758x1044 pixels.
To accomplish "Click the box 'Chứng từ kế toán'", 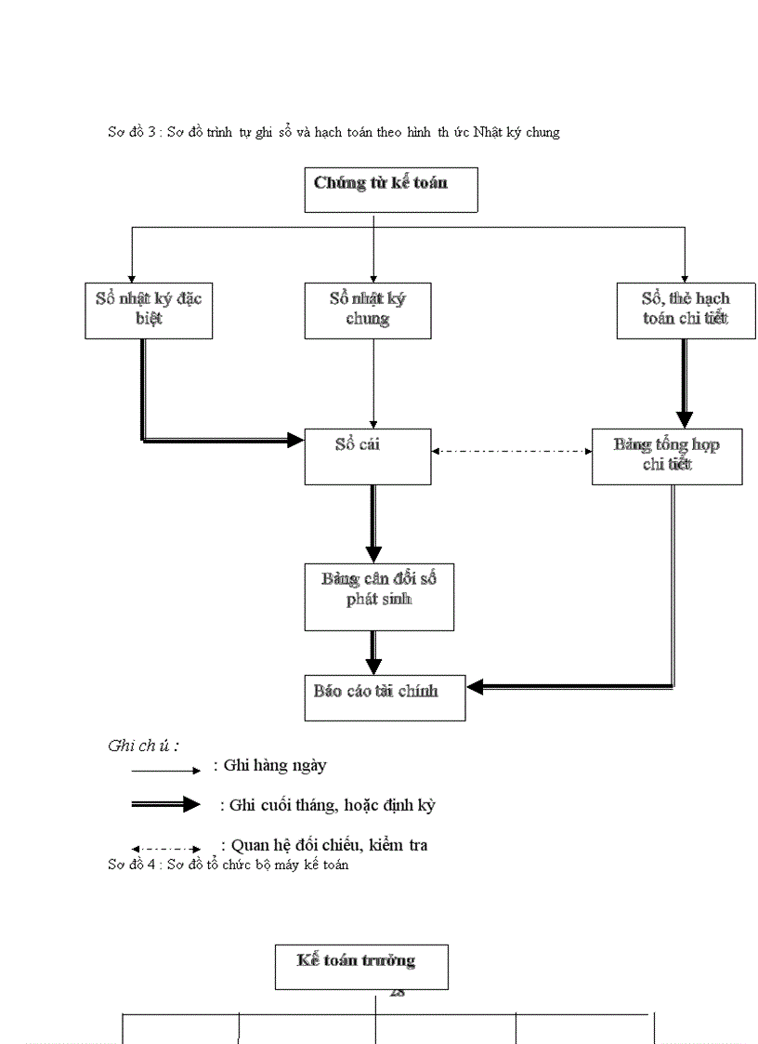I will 391,190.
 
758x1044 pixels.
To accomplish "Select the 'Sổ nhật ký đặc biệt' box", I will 149,311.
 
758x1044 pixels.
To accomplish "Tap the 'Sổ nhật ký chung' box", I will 368,311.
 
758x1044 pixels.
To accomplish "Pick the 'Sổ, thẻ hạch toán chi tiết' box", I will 686,311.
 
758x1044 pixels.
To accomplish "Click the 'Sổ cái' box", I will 368,456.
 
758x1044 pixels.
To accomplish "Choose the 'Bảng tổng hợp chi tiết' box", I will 667,456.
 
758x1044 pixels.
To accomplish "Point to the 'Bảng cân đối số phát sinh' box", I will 379,596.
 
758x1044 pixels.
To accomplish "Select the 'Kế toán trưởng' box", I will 361,966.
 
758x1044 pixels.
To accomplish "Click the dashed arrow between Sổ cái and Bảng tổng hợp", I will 512,451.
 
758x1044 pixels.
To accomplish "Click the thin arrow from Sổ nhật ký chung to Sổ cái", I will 373,381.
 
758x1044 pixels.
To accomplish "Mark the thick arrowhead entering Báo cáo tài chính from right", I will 476,687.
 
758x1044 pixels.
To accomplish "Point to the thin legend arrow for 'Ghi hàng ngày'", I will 165,771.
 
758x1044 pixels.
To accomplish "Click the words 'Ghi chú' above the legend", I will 143,746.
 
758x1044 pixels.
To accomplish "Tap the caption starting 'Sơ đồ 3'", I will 333,132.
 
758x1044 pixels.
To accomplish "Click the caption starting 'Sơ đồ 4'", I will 228,866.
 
